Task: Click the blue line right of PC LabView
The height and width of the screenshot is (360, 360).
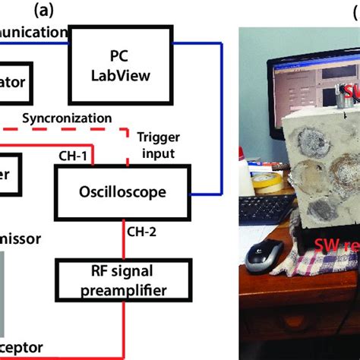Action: click(221, 114)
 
